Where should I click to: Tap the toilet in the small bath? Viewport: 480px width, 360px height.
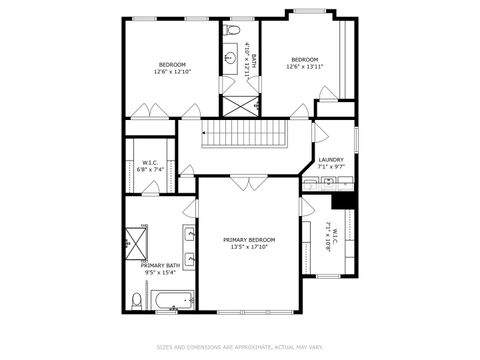click(233, 31)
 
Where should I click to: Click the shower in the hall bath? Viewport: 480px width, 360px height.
click(240, 105)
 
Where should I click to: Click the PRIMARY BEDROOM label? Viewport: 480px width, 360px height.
click(249, 240)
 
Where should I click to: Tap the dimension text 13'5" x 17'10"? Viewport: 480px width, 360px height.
click(249, 248)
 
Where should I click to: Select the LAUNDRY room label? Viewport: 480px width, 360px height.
click(331, 160)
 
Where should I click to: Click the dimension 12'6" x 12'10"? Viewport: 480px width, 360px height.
click(172, 72)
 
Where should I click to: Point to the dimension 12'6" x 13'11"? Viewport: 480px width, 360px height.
click(304, 67)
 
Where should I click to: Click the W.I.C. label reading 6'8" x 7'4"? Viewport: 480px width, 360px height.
click(151, 170)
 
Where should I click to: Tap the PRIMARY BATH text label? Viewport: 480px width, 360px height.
click(159, 265)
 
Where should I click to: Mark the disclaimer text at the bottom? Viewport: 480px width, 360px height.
click(240, 347)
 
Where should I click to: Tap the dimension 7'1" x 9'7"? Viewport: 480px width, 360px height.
click(331, 167)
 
